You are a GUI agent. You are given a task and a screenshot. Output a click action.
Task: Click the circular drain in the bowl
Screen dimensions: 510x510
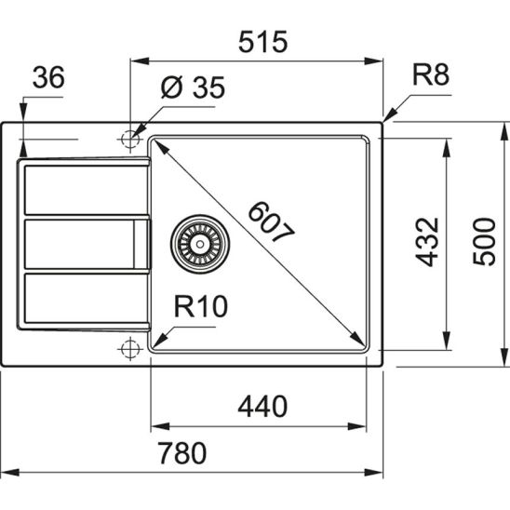click(195, 244)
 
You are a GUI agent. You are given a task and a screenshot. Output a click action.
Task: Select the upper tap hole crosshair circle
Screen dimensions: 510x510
click(127, 140)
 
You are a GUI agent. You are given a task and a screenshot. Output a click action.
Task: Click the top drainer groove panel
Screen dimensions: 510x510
click(82, 189)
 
